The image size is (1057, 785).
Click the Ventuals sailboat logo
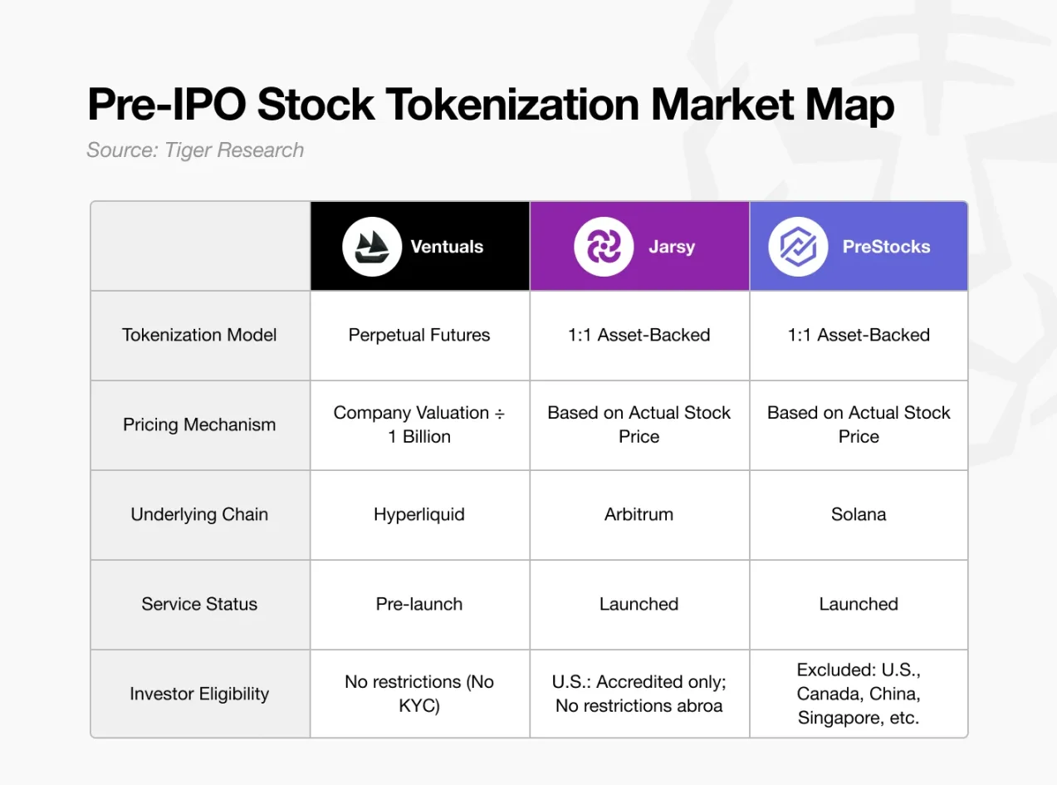[366, 246]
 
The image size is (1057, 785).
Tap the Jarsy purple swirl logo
[598, 246]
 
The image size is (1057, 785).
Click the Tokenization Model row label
[199, 335]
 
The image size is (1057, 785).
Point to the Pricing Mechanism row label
[199, 424]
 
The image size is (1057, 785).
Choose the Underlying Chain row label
[199, 514]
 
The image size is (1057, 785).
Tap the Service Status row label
[199, 604]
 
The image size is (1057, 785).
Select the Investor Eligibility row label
[199, 694]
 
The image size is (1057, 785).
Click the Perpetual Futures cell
[419, 335]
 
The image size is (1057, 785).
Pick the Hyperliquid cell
[419, 514]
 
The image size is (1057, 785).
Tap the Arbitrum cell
[639, 514]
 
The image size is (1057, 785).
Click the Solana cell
[859, 514]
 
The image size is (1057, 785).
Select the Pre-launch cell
[419, 604]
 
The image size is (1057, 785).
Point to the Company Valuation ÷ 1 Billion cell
[419, 424]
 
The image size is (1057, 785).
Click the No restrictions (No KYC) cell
[419, 694]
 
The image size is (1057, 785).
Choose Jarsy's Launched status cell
[639, 604]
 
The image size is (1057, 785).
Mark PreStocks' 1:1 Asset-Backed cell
[859, 335]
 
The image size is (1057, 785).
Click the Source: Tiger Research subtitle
[195, 150]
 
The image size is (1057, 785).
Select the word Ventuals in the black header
[447, 247]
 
